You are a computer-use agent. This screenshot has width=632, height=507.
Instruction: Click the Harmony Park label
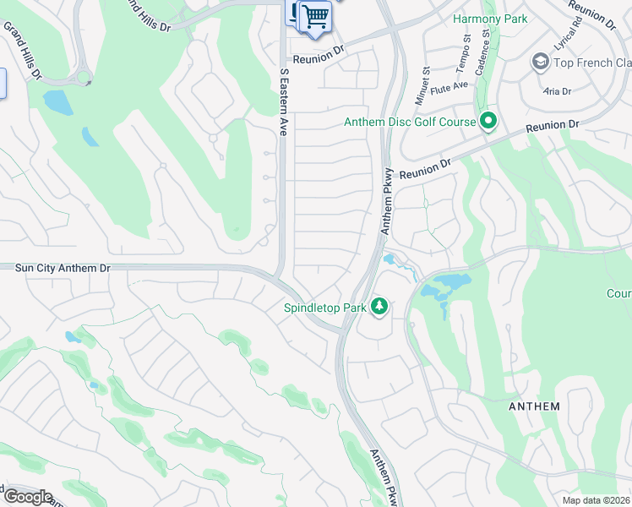click(490, 19)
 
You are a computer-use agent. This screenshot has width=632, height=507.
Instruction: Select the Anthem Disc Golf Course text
click(410, 123)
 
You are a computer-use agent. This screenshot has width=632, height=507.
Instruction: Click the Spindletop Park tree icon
click(379, 307)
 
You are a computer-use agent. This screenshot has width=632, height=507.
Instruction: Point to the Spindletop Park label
click(324, 308)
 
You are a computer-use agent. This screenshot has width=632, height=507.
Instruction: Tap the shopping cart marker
click(315, 16)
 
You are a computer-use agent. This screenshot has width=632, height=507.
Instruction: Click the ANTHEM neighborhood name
click(534, 406)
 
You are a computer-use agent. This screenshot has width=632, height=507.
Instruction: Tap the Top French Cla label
click(592, 63)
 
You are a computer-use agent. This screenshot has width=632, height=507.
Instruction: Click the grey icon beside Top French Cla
click(540, 63)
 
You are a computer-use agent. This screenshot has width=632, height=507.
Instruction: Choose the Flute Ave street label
click(449, 86)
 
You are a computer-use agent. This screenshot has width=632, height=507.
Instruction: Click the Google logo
click(27, 497)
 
